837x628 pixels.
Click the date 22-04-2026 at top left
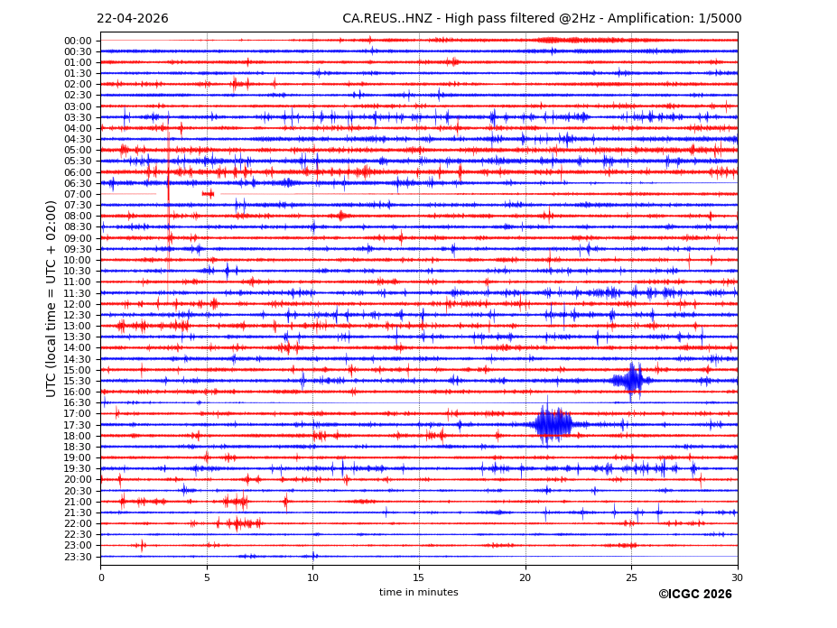tap(132, 19)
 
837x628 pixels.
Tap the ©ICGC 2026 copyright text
tap(694, 595)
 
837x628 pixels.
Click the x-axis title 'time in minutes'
tap(418, 593)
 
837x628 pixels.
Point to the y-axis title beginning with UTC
tap(51, 299)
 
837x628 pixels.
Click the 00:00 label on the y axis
tap(78, 41)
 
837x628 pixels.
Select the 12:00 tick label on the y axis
tap(78, 304)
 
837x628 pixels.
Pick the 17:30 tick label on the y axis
tap(78, 425)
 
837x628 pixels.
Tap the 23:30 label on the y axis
tap(78, 557)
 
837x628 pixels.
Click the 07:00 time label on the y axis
tap(78, 194)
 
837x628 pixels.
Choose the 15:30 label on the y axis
tap(78, 381)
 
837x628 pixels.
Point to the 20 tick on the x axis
tap(525, 577)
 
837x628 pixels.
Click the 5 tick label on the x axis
tap(207, 577)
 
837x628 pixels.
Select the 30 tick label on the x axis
tap(737, 577)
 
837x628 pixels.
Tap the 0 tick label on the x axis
tap(101, 577)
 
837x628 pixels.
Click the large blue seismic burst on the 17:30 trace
tap(552, 424)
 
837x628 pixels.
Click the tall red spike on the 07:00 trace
tap(168, 180)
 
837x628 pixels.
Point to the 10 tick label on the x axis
tap(312, 577)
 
